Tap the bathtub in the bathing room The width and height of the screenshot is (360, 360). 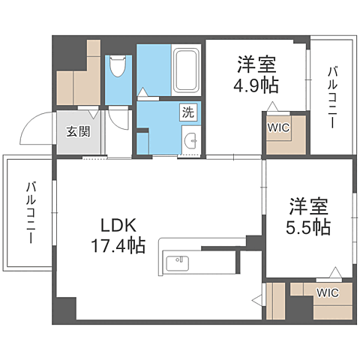pyautogui.click(x=184, y=70)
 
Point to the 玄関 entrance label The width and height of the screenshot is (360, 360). pyautogui.click(x=77, y=132)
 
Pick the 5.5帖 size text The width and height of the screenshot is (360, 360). pyautogui.click(x=310, y=227)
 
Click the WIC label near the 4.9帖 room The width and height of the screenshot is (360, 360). pyautogui.click(x=277, y=127)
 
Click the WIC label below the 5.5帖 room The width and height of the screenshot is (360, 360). pyautogui.click(x=327, y=292)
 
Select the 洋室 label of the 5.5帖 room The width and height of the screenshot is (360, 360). pyautogui.click(x=310, y=205)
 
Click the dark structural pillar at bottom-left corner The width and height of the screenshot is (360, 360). pyautogui.click(x=65, y=309)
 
